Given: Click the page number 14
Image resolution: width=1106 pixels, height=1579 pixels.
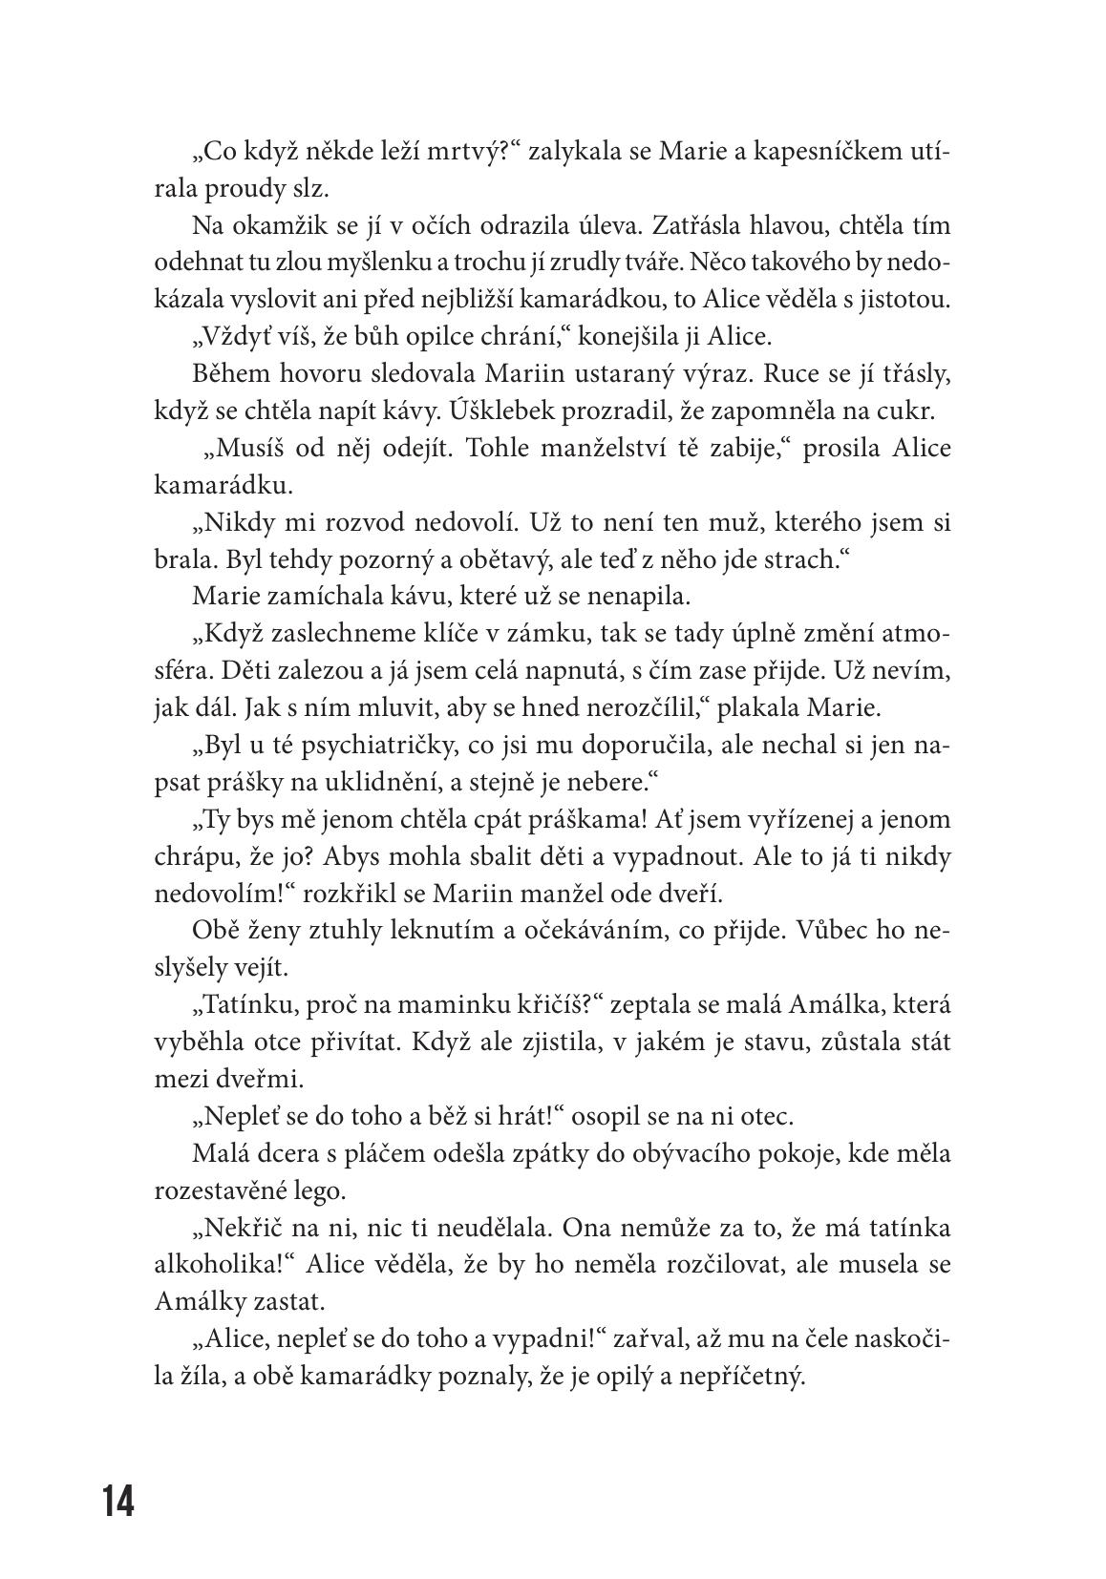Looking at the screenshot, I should [119, 1501].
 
